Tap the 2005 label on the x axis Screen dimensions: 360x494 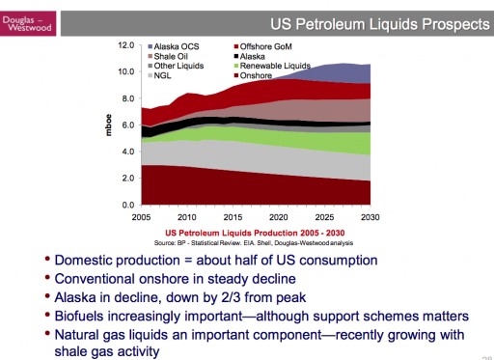tap(142, 218)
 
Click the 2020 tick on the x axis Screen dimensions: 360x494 tap(278, 218)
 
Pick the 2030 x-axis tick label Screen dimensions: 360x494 tap(369, 218)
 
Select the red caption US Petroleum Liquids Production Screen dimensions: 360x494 tap(255, 233)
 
